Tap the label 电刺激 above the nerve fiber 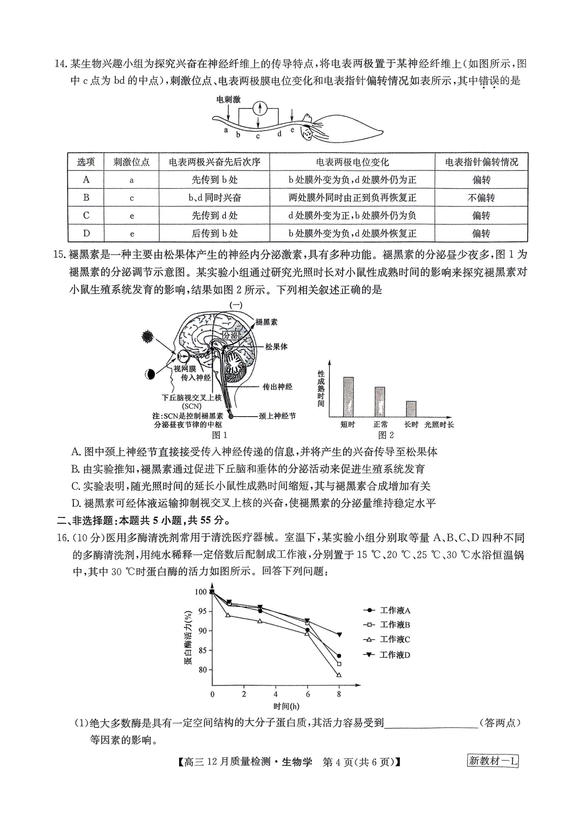228,99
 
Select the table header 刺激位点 131,162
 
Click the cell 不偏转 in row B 481,198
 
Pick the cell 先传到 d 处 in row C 214,216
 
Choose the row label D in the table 86,234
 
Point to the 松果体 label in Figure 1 276,347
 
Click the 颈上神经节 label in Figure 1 277,416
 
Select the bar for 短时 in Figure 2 348,397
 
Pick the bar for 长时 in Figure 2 411,409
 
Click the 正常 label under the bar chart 381,424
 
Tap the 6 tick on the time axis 307,694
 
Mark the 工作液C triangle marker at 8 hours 339,675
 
